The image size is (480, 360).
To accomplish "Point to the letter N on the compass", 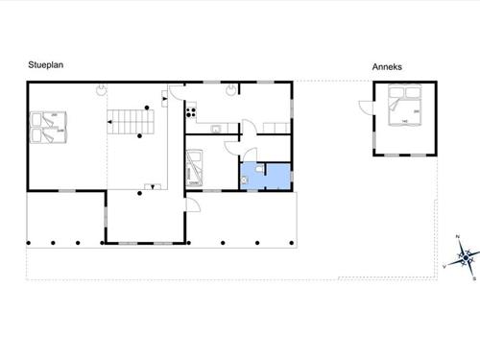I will [x=458, y=236].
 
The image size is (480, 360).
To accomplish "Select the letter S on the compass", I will [x=474, y=277].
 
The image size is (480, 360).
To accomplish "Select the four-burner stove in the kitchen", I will [x=189, y=116].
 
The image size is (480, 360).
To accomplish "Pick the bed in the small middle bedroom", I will [x=193, y=166].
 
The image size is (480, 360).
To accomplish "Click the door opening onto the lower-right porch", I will [x=192, y=204].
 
